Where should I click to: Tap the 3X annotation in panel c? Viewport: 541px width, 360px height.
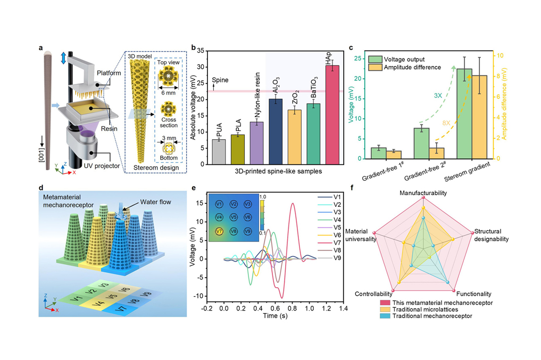tap(423, 95)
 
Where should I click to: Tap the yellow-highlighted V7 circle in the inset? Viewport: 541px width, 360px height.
tap(219, 231)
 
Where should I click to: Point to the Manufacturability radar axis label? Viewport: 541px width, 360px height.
tap(423, 193)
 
